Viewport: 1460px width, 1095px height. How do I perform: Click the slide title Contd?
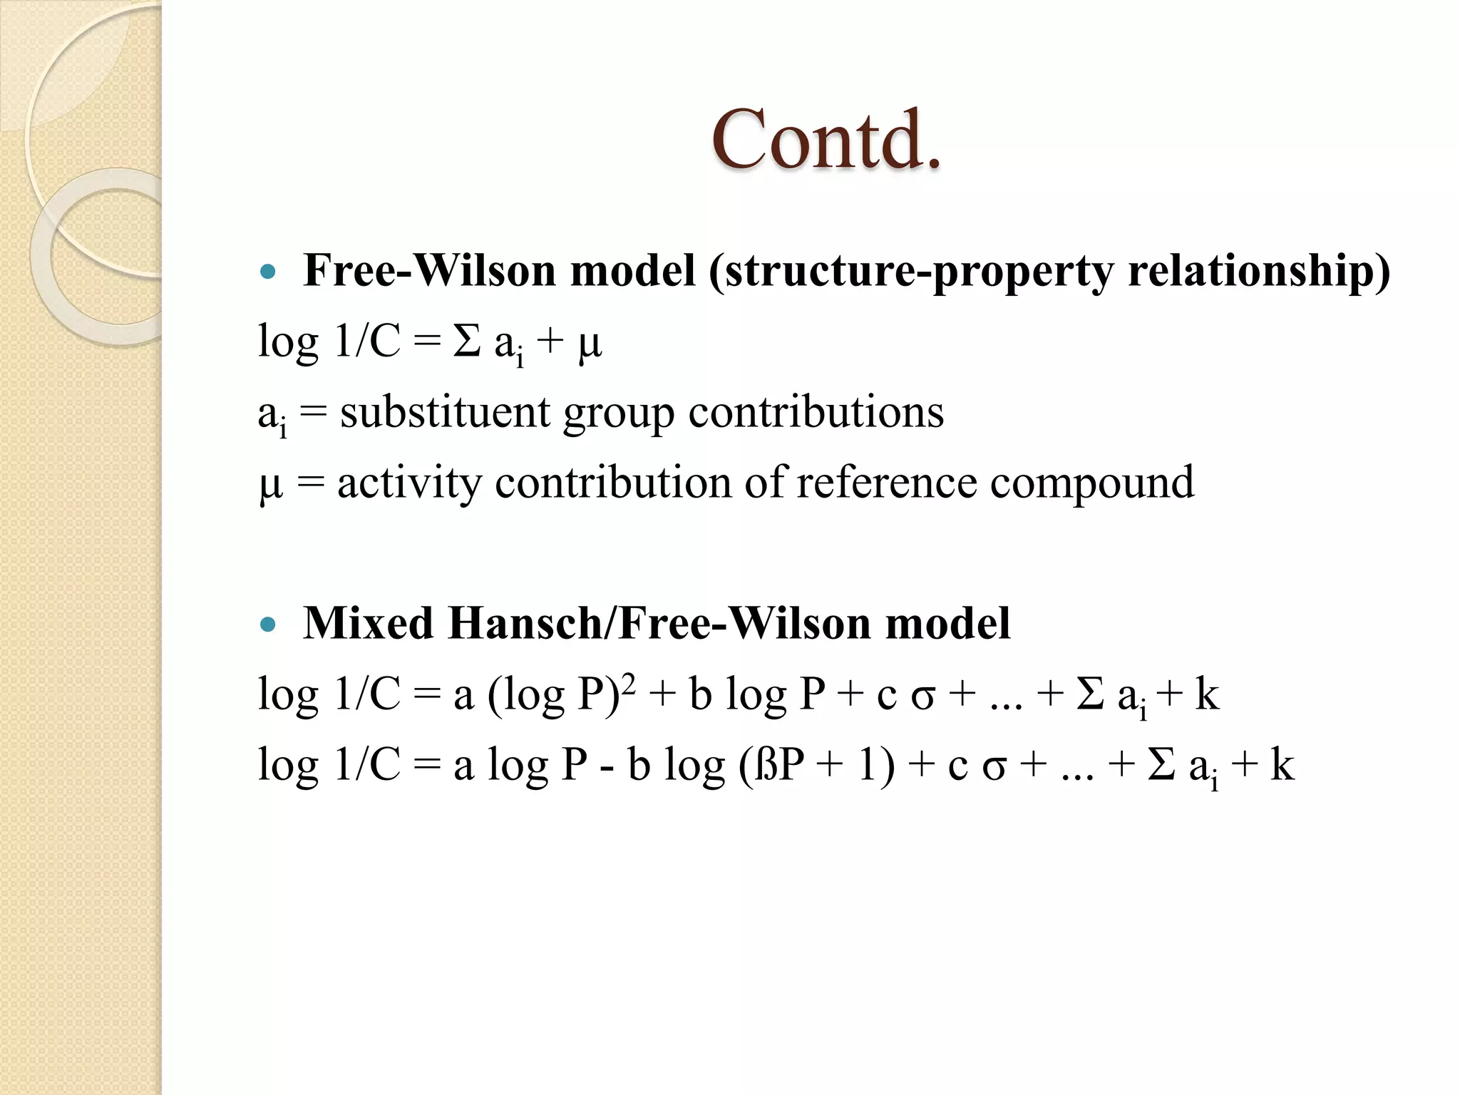826,140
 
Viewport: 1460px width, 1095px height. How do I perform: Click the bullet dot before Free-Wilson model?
268,272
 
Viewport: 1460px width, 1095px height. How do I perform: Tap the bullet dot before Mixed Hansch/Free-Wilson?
268,625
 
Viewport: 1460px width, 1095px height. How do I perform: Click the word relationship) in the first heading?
1259,272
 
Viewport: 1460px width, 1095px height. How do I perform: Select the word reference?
887,483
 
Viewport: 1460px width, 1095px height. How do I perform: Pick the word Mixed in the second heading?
368,624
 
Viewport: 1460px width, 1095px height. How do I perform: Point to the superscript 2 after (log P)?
628,682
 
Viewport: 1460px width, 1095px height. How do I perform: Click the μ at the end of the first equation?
590,345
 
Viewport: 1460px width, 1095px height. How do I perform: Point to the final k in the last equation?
1282,765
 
